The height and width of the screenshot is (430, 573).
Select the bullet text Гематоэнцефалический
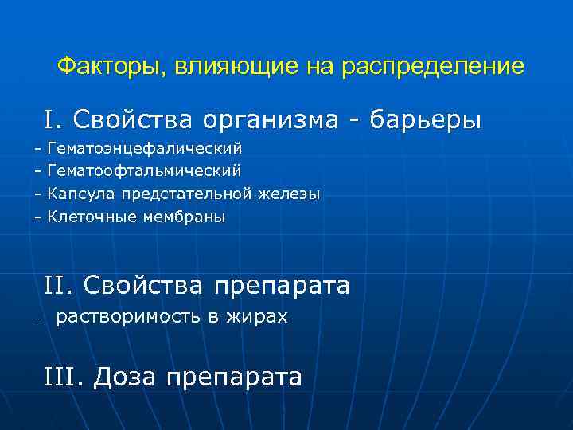(145, 148)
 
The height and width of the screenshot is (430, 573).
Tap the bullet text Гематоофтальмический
(145, 170)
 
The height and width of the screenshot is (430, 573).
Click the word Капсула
(80, 193)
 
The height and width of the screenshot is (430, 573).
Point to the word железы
(291, 193)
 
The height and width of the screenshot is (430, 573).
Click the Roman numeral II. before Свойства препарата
(59, 285)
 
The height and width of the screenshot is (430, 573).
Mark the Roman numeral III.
(64, 376)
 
